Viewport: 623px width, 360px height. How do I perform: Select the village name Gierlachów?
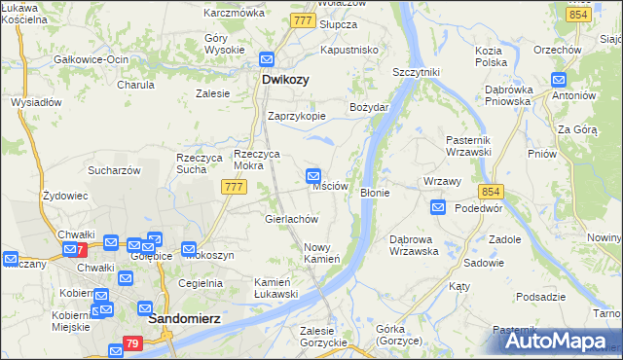click(292, 219)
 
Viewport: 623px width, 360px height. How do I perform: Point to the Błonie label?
click(375, 193)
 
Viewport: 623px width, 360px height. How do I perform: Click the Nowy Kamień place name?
click(321, 253)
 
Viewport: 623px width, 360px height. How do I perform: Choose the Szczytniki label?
click(417, 72)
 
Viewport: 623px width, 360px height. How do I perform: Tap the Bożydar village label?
click(370, 106)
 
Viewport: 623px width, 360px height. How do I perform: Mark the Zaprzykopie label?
click(297, 115)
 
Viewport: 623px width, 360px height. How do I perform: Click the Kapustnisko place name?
click(348, 49)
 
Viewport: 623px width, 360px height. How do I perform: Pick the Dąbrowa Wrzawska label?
click(414, 244)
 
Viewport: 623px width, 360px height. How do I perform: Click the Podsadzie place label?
click(541, 297)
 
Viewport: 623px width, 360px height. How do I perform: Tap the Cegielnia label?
click(201, 283)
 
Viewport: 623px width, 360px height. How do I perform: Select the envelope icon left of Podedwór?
click(438, 206)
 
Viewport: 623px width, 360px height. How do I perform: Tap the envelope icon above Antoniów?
click(559, 80)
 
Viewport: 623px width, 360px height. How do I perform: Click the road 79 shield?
click(134, 344)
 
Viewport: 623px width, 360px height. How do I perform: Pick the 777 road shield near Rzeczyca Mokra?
click(233, 186)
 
